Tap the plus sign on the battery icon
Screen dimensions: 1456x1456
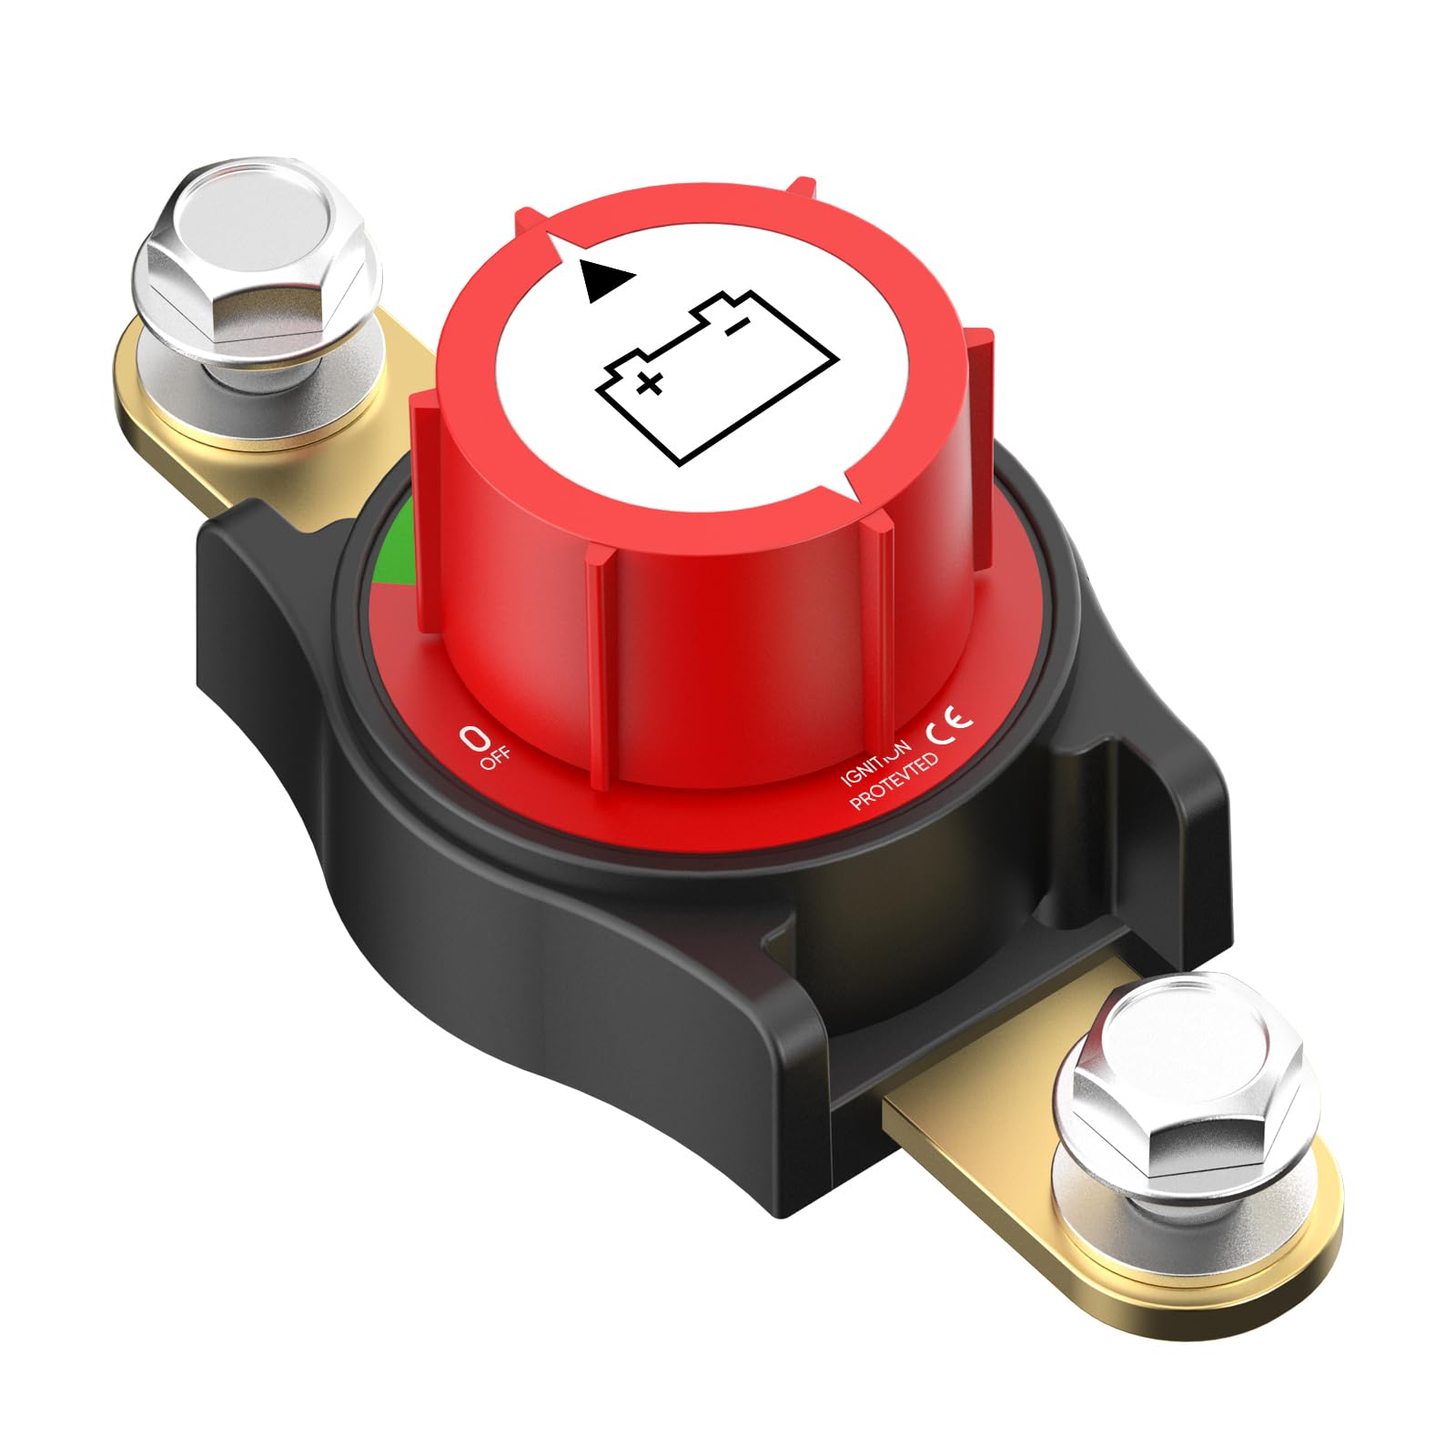tap(649, 384)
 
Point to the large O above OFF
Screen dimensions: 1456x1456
tap(472, 736)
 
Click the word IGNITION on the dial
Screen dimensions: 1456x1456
tap(875, 760)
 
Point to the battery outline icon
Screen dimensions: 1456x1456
tap(716, 378)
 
